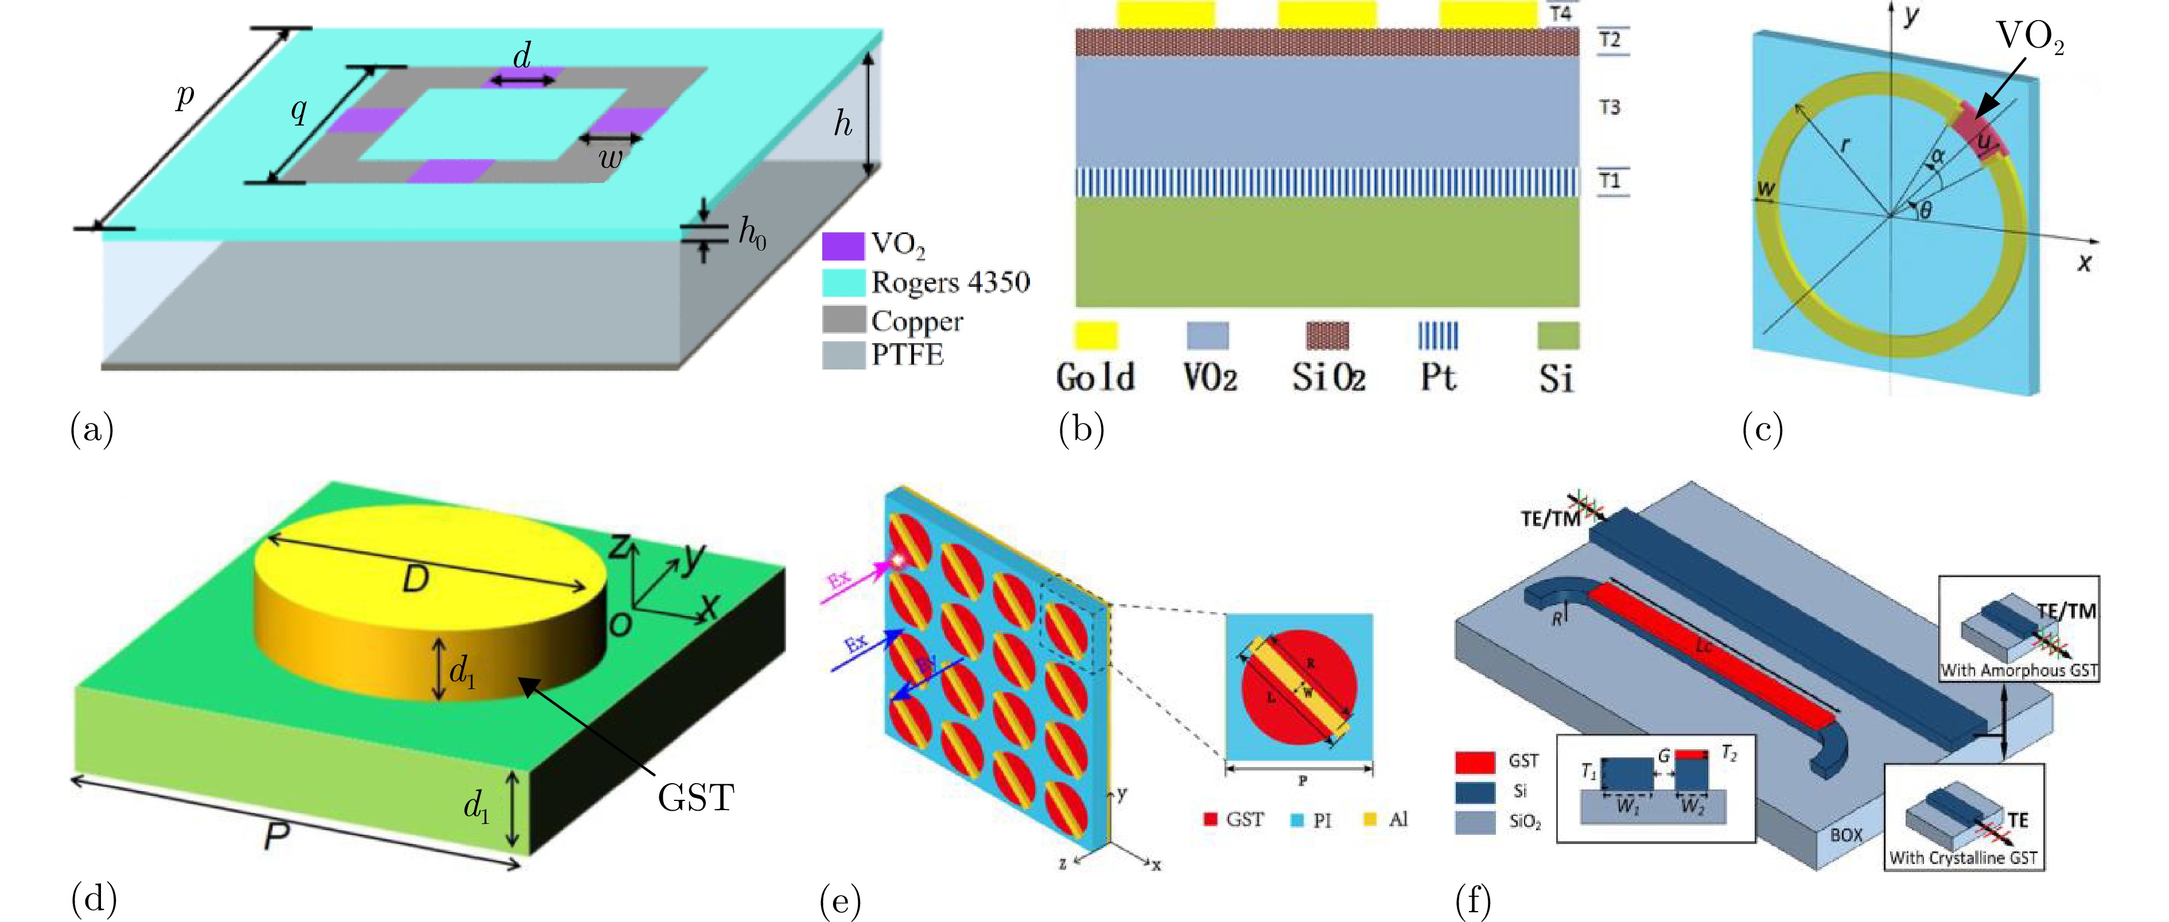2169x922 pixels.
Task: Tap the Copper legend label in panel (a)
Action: [917, 321]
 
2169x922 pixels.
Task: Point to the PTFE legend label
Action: [907, 355]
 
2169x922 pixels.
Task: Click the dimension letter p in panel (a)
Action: [184, 97]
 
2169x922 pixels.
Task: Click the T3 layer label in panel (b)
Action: [1609, 107]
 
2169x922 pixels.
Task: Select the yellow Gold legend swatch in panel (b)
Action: [1095, 335]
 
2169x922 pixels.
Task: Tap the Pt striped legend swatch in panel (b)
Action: [1438, 335]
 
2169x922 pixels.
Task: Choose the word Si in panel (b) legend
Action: [1556, 378]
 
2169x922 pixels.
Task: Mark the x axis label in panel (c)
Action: [2084, 263]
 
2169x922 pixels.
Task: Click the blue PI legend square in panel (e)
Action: [1297, 819]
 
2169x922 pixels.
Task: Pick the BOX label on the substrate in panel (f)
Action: [1846, 834]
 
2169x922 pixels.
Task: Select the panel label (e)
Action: [839, 902]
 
